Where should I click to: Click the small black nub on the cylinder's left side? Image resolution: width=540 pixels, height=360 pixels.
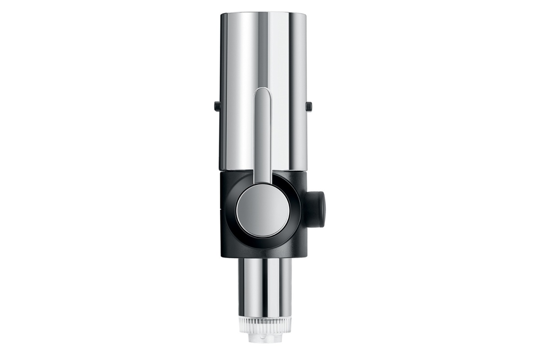[217, 106]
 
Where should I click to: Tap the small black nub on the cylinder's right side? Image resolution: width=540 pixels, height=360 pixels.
[309, 106]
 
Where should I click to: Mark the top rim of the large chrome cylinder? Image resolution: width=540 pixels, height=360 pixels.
[263, 13]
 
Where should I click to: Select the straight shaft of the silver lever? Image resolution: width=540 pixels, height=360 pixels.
[263, 135]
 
